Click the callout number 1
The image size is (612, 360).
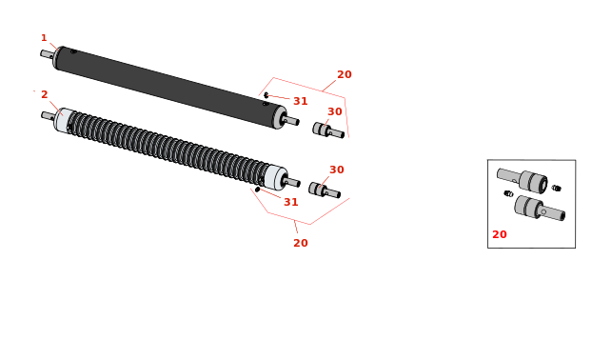44,38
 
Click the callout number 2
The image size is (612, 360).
45,94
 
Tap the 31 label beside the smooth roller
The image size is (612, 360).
301,101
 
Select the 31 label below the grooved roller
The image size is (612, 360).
291,202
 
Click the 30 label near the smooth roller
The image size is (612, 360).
335,111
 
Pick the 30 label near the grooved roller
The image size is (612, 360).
337,170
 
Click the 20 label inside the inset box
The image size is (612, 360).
500,234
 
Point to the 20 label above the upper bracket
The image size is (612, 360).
345,74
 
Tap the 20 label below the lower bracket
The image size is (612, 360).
301,243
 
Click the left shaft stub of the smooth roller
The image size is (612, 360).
48,54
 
